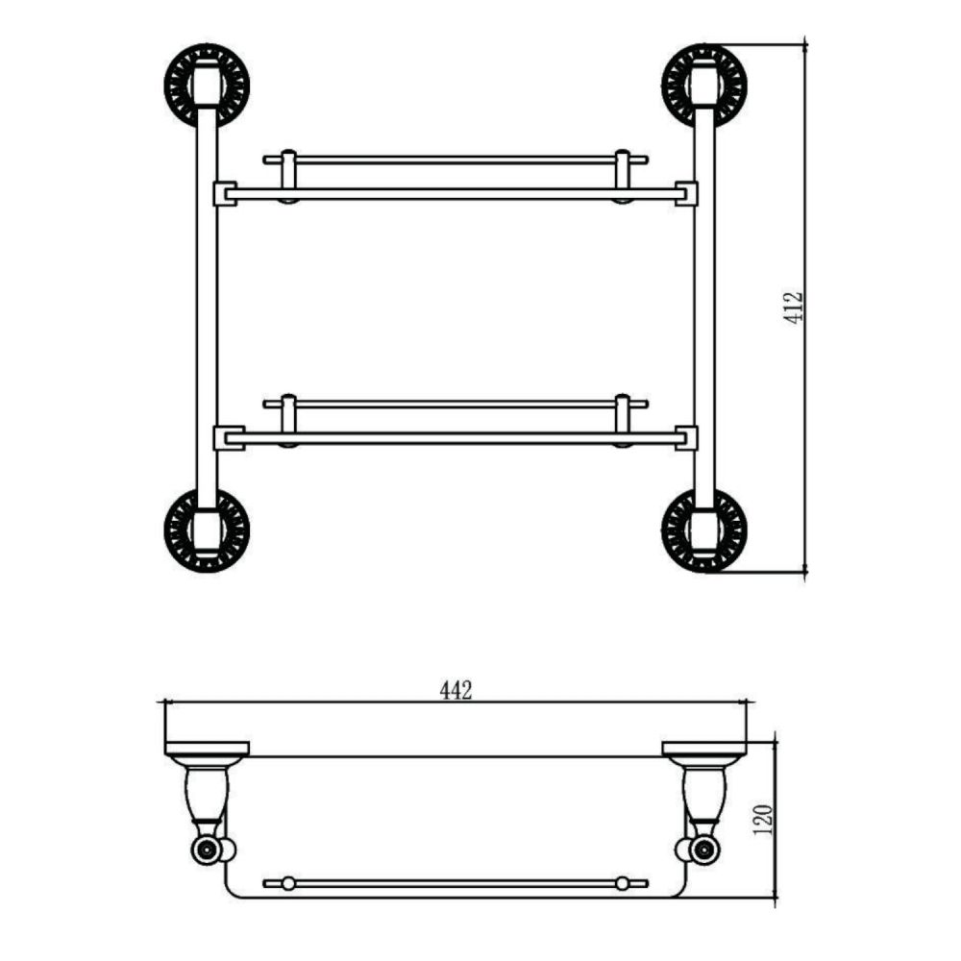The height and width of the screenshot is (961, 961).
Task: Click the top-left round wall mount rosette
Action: point(207,84)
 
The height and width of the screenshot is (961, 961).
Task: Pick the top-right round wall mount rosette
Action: point(703,84)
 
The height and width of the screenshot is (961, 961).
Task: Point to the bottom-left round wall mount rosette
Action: point(207,530)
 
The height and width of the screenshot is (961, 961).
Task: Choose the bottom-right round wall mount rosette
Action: point(703,530)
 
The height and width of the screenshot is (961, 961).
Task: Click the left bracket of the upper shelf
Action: point(224,193)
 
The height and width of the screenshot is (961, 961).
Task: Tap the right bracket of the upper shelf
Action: point(686,193)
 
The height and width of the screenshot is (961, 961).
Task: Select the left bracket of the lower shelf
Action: point(224,437)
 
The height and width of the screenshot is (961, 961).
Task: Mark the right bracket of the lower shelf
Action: point(686,437)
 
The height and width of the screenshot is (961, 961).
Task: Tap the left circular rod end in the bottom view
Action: point(205,850)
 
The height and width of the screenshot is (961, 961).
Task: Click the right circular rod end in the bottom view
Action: point(705,850)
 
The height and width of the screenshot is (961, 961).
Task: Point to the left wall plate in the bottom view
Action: point(207,749)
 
